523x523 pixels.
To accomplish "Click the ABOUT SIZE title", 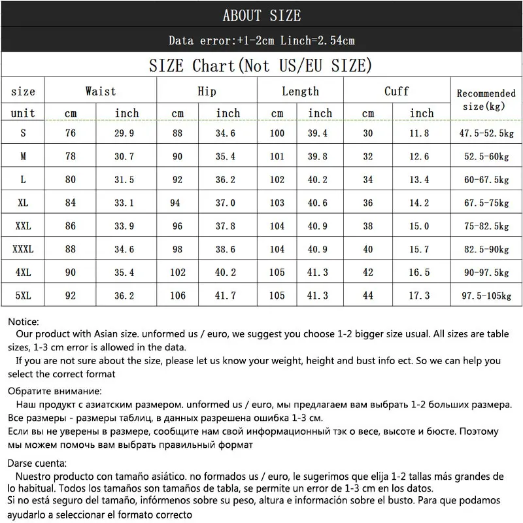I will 261,15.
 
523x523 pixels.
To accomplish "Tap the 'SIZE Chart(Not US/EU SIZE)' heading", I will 261,65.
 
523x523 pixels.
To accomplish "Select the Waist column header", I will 101,92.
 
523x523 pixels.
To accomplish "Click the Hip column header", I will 207,92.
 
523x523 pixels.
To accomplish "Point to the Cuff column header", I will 396,92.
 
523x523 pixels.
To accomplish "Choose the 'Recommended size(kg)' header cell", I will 486,99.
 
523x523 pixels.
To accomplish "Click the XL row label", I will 24,203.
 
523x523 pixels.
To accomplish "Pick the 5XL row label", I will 24,295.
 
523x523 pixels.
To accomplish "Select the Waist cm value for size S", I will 70,133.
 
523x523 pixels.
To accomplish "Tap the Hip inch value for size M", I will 228,157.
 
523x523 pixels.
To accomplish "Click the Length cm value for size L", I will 278,180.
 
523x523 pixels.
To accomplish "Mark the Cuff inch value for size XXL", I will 419,226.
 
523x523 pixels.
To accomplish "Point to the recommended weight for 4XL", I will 486,273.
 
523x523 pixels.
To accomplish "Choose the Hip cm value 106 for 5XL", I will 178,295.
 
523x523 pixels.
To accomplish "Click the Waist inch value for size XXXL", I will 127,249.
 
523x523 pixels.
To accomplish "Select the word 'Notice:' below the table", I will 24,322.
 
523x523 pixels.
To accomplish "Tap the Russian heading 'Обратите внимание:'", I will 55,392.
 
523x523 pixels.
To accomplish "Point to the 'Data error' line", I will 261,41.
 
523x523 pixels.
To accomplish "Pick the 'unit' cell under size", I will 24,113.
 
